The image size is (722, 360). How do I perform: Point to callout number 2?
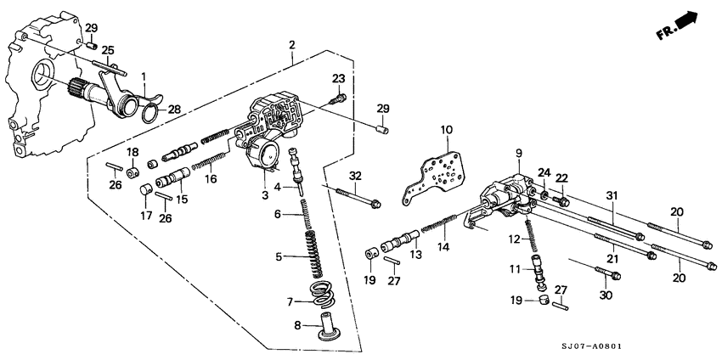(291, 44)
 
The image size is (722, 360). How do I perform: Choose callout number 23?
(338, 79)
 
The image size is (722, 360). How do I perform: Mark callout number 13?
(415, 254)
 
